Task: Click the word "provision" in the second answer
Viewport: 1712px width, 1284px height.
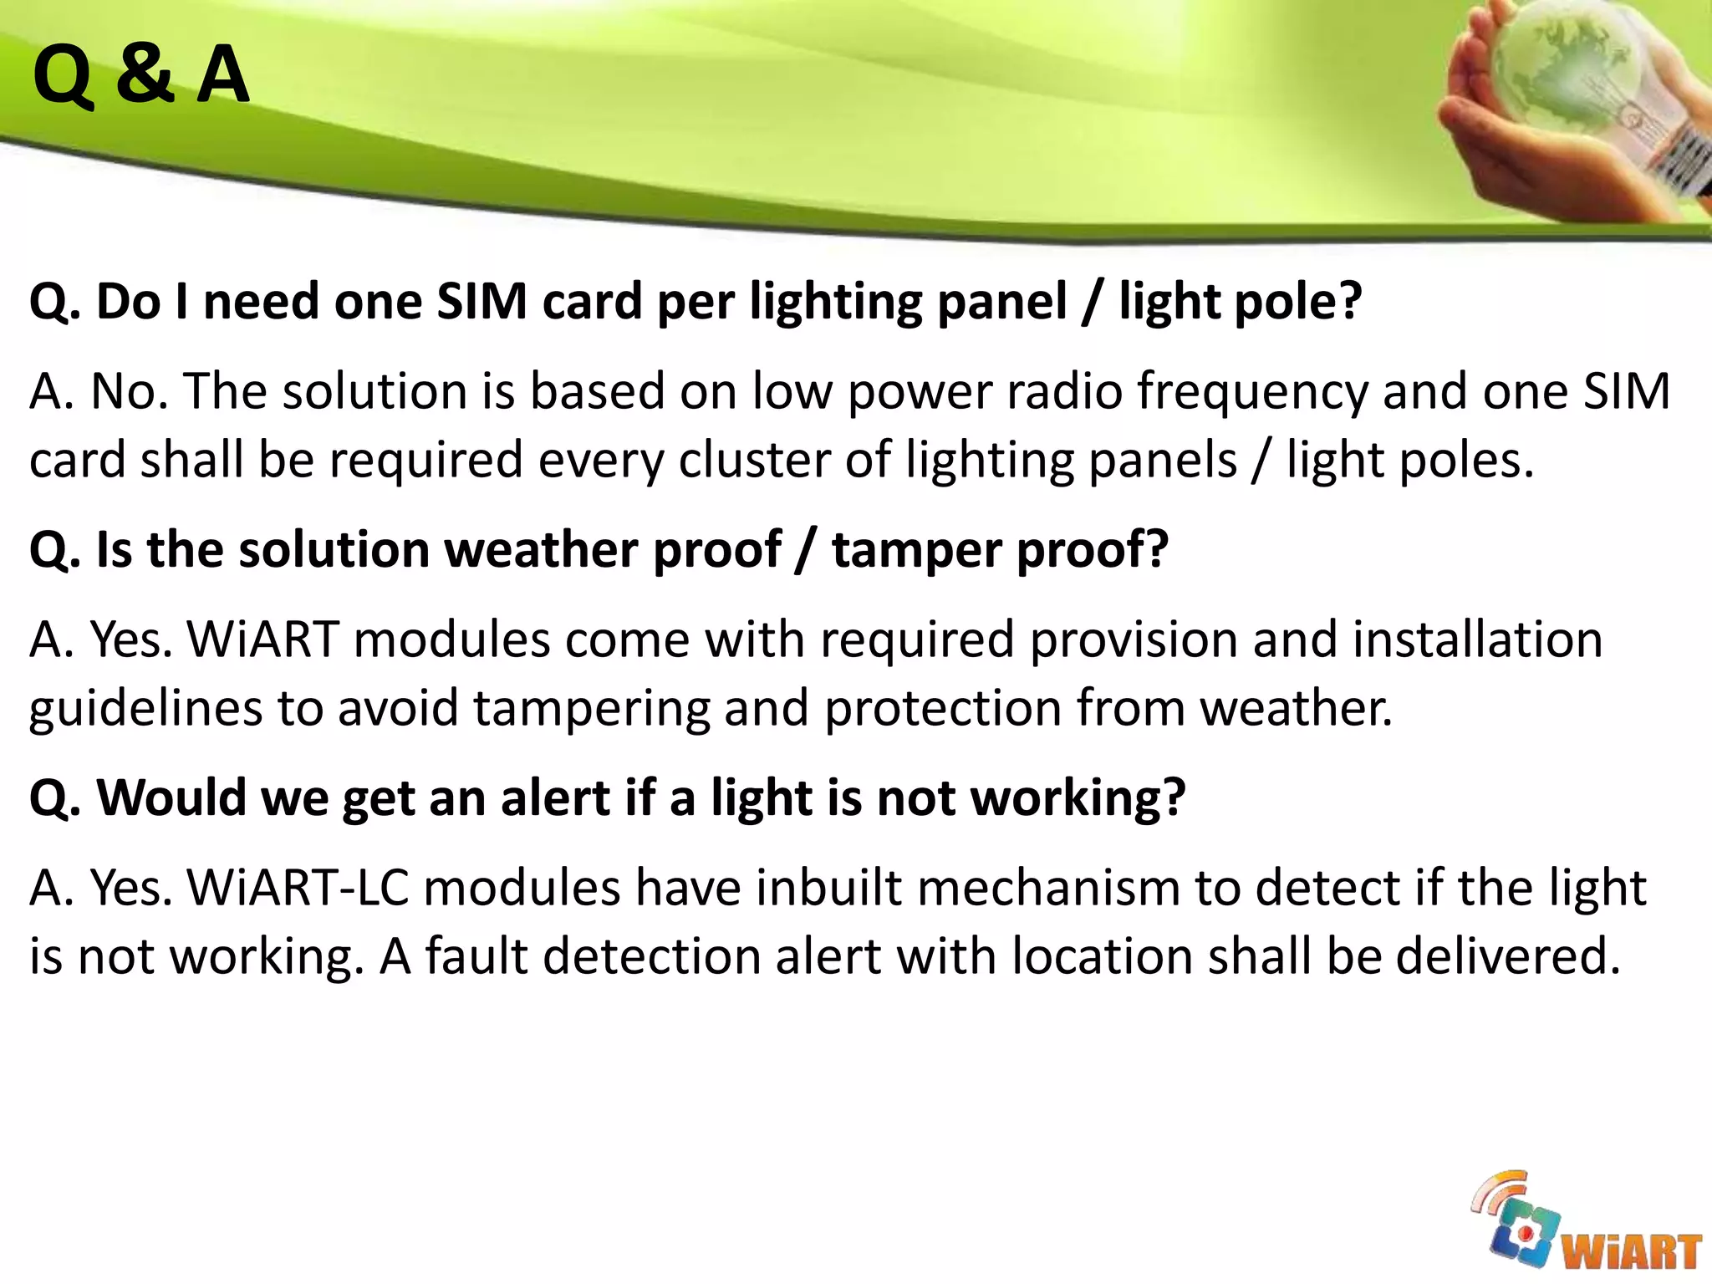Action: [x=1133, y=641]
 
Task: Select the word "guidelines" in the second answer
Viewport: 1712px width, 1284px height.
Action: [x=146, y=709]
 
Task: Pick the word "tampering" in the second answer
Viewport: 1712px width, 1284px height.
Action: [x=591, y=709]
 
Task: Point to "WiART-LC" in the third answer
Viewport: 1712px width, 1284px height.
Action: [x=298, y=888]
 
